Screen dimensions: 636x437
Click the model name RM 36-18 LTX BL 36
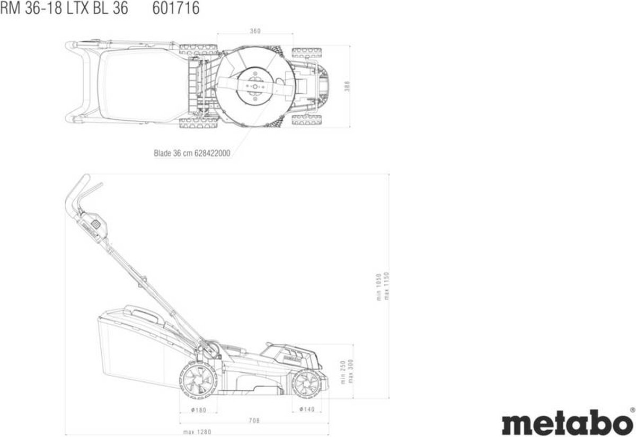[x=64, y=8]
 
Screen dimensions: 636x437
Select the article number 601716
[x=176, y=8]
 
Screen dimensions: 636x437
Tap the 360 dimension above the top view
[x=255, y=31]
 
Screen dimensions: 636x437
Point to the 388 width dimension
[x=347, y=86]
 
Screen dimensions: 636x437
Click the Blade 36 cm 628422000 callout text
[x=192, y=153]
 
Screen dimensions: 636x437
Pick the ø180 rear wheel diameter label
[x=199, y=410]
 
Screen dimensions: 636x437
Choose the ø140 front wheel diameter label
[x=307, y=409]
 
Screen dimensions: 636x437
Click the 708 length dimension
[x=254, y=421]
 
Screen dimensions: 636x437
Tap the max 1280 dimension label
[x=197, y=432]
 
